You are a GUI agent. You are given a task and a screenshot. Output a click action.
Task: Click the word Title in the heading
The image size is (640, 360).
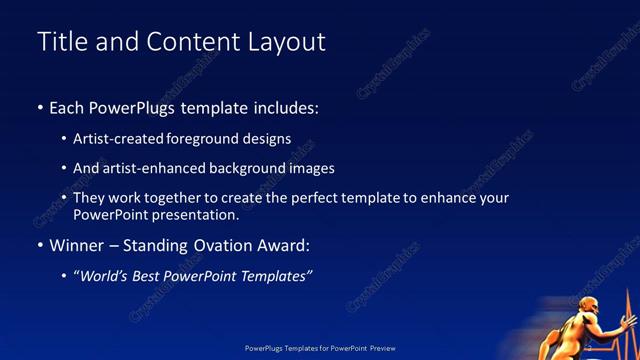tap(61, 42)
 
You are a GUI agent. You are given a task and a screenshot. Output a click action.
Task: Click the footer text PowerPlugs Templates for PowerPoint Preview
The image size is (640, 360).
tap(320, 348)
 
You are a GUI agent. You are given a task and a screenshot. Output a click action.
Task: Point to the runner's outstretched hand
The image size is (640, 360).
tap(628, 322)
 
